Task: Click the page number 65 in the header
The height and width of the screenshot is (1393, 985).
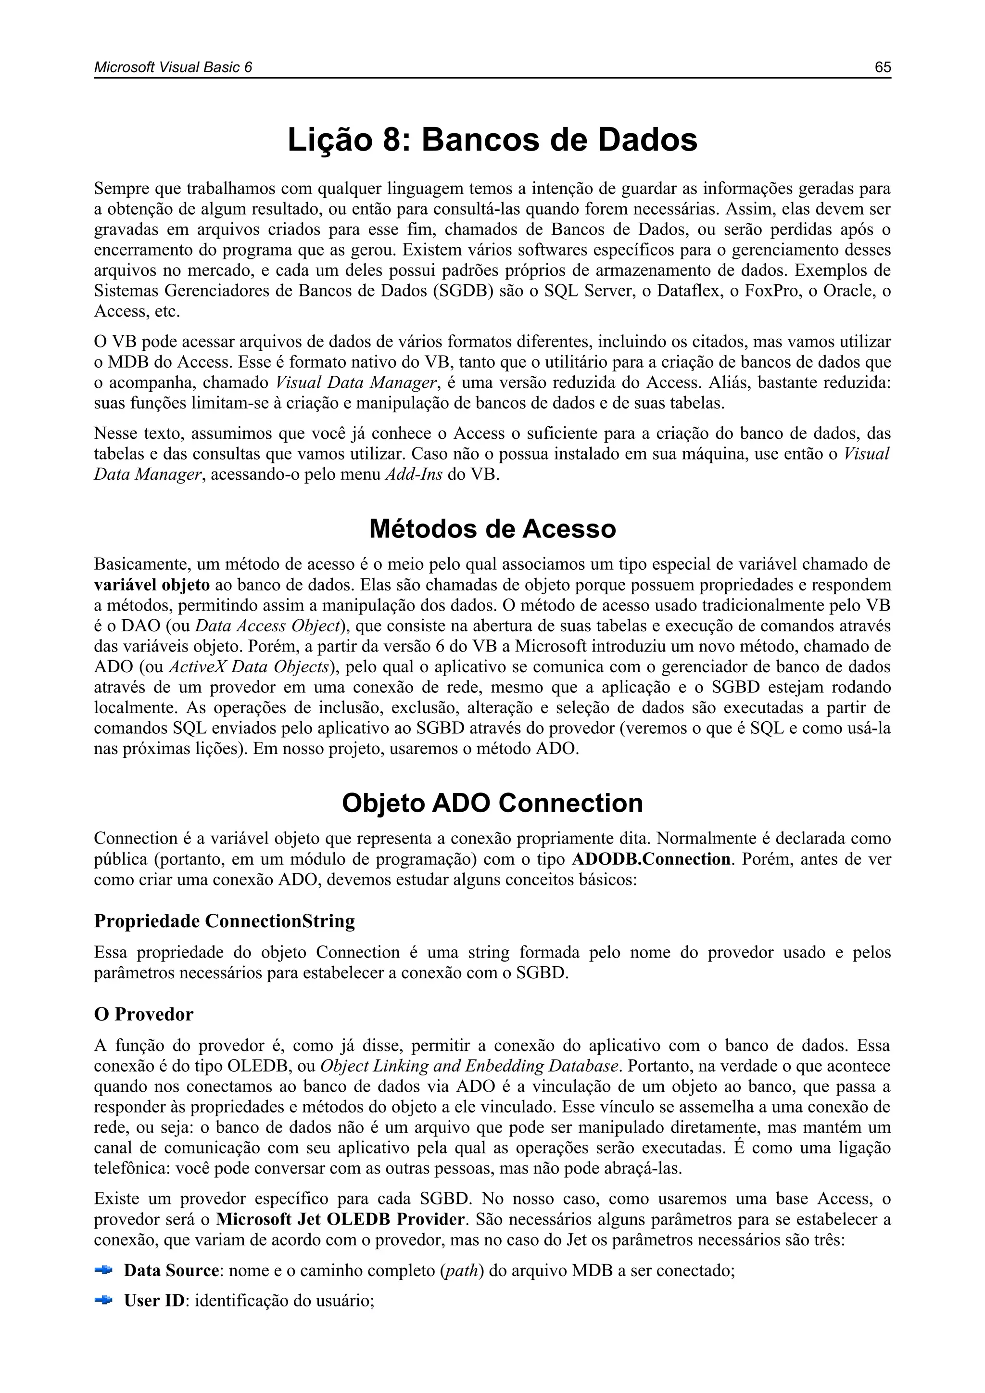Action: pos(882,67)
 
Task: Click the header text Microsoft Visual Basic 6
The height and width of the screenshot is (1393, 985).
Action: pos(173,67)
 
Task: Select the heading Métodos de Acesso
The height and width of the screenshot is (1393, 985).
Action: pos(492,528)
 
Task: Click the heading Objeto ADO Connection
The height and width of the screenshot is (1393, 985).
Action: pos(492,803)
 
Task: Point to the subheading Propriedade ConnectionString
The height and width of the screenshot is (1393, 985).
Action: pos(225,920)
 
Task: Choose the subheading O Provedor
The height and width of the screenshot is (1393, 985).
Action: pos(144,1014)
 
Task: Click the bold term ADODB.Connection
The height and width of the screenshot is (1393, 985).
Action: pos(651,859)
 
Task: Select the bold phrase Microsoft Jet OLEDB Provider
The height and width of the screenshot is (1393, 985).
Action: pos(341,1219)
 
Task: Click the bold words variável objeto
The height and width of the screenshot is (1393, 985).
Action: pos(152,585)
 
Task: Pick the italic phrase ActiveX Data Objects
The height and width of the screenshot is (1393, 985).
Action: pos(249,667)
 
